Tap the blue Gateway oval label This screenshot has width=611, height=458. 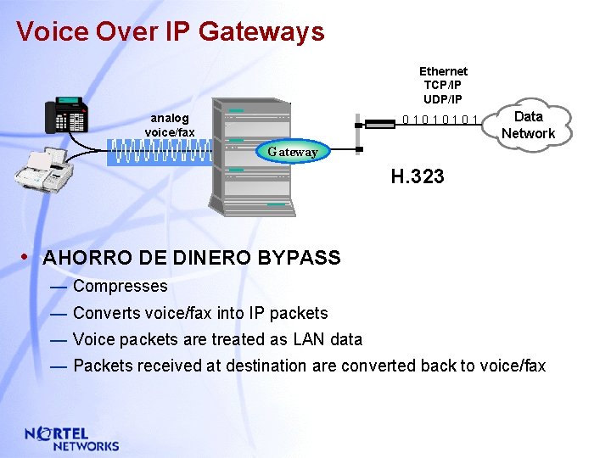point(293,152)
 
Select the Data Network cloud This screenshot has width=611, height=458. point(527,125)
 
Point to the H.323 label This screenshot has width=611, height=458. point(417,177)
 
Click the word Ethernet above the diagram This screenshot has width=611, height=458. point(443,71)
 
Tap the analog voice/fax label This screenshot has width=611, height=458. point(170,125)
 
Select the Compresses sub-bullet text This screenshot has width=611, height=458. point(121,287)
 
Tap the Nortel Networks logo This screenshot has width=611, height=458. point(72,438)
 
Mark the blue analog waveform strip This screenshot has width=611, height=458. point(160,152)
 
